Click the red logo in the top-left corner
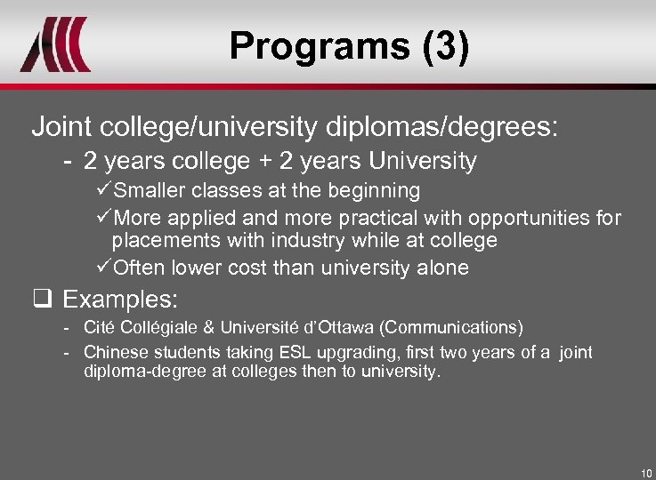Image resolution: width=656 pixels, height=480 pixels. click(55, 44)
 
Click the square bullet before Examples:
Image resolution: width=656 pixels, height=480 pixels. click(40, 297)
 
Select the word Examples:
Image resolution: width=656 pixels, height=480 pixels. click(121, 297)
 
